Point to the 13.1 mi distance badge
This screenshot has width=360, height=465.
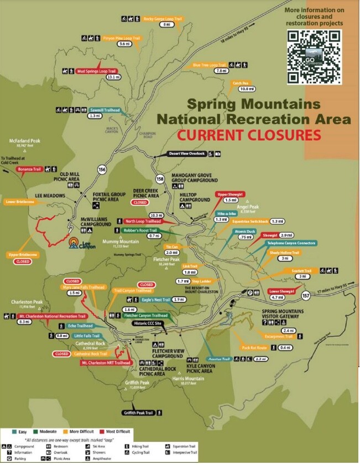pyautogui.click(x=114, y=77)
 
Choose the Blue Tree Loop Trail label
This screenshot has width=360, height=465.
pyautogui.click(x=210, y=65)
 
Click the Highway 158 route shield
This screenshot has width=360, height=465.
pyautogui.click(x=160, y=179)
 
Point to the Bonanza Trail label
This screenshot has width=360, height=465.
pyautogui.click(x=29, y=168)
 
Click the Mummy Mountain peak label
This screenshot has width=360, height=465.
pyautogui.click(x=117, y=241)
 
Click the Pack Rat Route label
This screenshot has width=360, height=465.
pyautogui.click(x=254, y=348)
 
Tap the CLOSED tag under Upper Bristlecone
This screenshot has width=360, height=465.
pyautogui.click(x=23, y=261)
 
